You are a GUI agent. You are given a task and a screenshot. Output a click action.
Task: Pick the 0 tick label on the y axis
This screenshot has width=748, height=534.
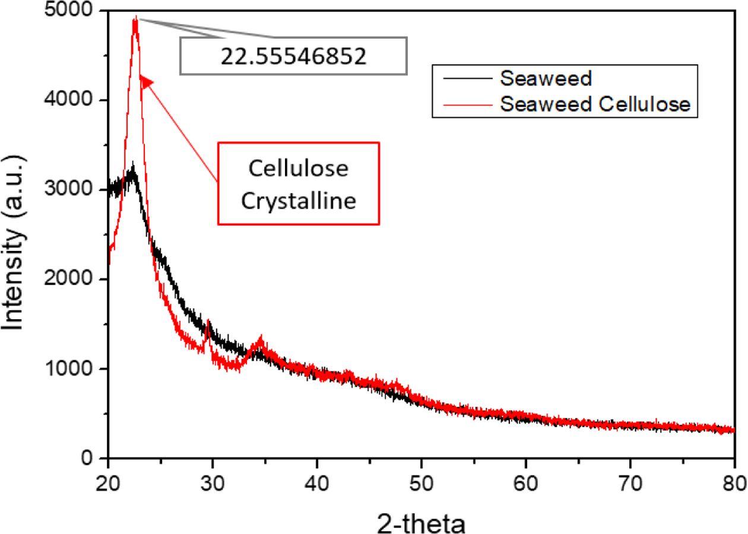pyautogui.click(x=88, y=459)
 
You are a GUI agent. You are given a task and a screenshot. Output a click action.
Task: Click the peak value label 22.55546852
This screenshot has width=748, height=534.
pyautogui.click(x=294, y=56)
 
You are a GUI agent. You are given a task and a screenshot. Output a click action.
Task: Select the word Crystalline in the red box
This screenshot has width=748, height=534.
pyautogui.click(x=298, y=201)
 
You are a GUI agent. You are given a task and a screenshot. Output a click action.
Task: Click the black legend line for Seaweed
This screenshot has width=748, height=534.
pyautogui.click(x=467, y=78)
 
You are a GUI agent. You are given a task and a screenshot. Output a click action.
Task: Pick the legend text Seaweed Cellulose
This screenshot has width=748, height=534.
pyautogui.click(x=595, y=104)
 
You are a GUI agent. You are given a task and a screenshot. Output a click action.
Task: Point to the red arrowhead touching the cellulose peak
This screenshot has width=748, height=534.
pyautogui.click(x=145, y=82)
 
